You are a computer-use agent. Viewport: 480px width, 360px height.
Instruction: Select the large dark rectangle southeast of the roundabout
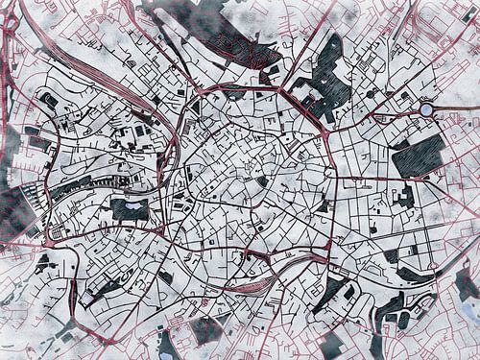click(x=419, y=155)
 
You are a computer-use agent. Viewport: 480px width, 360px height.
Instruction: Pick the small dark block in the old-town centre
click(x=262, y=180)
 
